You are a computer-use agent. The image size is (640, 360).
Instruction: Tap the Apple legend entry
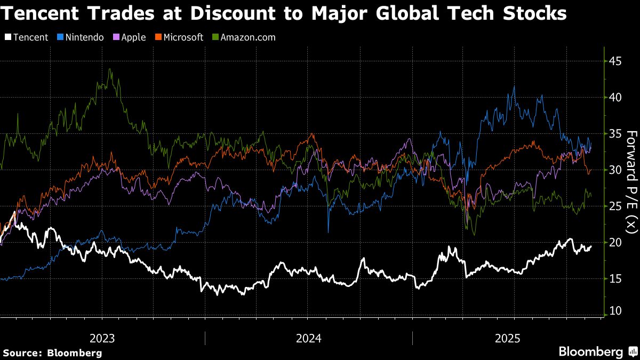pyautogui.click(x=129, y=37)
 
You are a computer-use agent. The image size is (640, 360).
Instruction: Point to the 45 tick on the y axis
pyautogui.click(x=615, y=61)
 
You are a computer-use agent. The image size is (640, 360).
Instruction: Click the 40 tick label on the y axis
pyautogui.click(x=615, y=98)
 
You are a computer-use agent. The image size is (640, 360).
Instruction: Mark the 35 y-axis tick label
pyautogui.click(x=615, y=134)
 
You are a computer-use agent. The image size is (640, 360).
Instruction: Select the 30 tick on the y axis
pyautogui.click(x=615, y=170)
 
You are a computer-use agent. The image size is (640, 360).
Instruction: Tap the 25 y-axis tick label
pyautogui.click(x=615, y=206)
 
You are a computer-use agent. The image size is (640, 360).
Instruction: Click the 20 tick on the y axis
pyautogui.click(x=615, y=242)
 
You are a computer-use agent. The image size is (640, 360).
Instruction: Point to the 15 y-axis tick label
pyautogui.click(x=615, y=278)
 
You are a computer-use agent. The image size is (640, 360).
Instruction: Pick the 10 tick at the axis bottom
pyautogui.click(x=615, y=311)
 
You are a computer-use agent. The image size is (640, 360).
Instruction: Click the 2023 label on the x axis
pyautogui.click(x=102, y=338)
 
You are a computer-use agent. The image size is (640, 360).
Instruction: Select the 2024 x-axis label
pyautogui.click(x=308, y=338)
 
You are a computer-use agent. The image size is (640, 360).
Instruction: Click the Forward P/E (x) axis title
pyautogui.click(x=631, y=181)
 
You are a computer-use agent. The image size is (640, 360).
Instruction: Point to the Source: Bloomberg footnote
pyautogui.click(x=52, y=353)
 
